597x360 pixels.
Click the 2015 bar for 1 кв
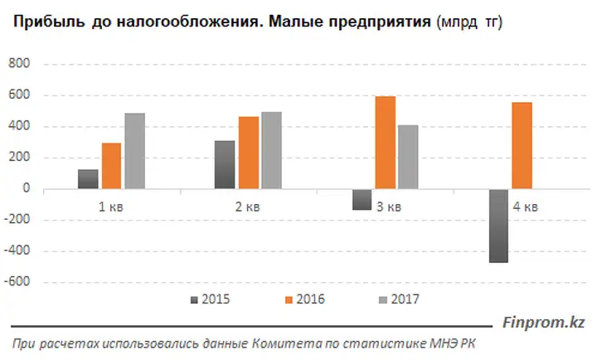[88, 179]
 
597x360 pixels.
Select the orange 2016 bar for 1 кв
[112, 166]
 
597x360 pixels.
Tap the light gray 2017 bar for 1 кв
[135, 151]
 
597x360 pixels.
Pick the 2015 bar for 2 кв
[225, 164]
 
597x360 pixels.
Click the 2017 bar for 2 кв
[271, 150]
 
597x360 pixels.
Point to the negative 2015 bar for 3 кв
[362, 200]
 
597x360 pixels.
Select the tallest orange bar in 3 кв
[386, 143]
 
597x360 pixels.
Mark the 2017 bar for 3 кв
[408, 157]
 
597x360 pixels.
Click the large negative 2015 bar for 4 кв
[499, 226]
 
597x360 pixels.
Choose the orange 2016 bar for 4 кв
[522, 145]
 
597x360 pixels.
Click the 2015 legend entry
[210, 299]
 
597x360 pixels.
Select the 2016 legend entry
[305, 299]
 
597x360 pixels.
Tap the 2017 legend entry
[400, 299]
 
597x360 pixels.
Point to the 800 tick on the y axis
[18, 63]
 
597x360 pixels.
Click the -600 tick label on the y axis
[17, 281]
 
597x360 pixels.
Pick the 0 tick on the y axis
[26, 187]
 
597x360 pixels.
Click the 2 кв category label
[247, 207]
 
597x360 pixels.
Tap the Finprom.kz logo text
[544, 323]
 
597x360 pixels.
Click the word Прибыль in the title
[49, 22]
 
